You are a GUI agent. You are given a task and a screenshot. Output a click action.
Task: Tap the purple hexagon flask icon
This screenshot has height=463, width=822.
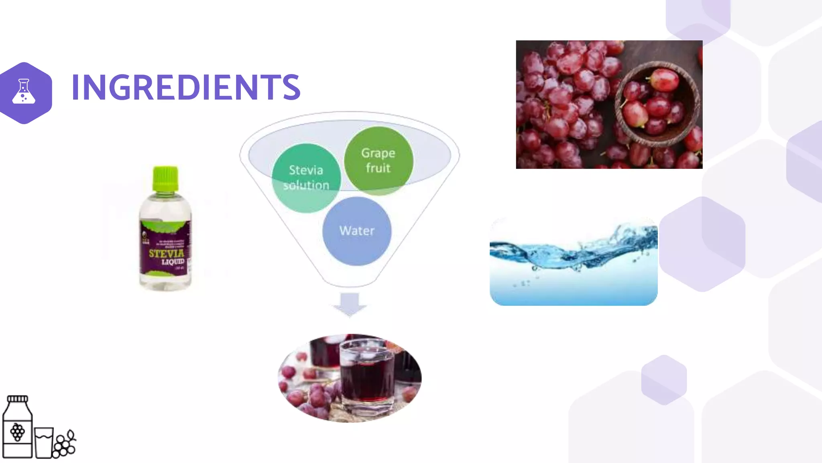[24, 92]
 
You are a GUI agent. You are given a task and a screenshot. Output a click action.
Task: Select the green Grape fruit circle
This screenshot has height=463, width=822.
[378, 161]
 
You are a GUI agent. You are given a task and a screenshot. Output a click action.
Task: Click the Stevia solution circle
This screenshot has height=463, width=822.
[306, 178]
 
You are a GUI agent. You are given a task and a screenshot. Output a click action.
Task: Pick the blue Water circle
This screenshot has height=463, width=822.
[357, 231]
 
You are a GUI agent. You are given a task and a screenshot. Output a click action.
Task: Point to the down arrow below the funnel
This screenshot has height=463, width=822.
[350, 305]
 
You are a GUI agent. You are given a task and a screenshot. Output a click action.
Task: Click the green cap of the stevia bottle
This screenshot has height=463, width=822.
[165, 179]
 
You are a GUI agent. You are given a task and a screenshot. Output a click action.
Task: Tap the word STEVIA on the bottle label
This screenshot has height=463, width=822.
[166, 253]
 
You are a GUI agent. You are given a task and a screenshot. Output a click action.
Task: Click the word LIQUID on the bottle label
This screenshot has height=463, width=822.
[173, 262]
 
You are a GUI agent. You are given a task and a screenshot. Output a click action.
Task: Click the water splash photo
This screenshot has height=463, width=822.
[573, 261]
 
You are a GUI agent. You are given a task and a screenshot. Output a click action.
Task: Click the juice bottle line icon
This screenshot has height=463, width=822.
[17, 428]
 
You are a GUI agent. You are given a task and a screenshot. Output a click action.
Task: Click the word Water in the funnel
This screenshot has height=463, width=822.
[357, 231]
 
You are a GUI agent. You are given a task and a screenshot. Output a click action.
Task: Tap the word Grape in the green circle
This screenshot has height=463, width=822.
[378, 153]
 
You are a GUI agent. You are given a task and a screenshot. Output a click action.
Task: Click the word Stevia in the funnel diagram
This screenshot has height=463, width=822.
[306, 170]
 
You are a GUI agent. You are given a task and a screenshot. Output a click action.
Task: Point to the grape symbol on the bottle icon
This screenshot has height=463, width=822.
[17, 432]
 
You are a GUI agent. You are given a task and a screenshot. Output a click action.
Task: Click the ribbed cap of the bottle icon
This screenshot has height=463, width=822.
[17, 399]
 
